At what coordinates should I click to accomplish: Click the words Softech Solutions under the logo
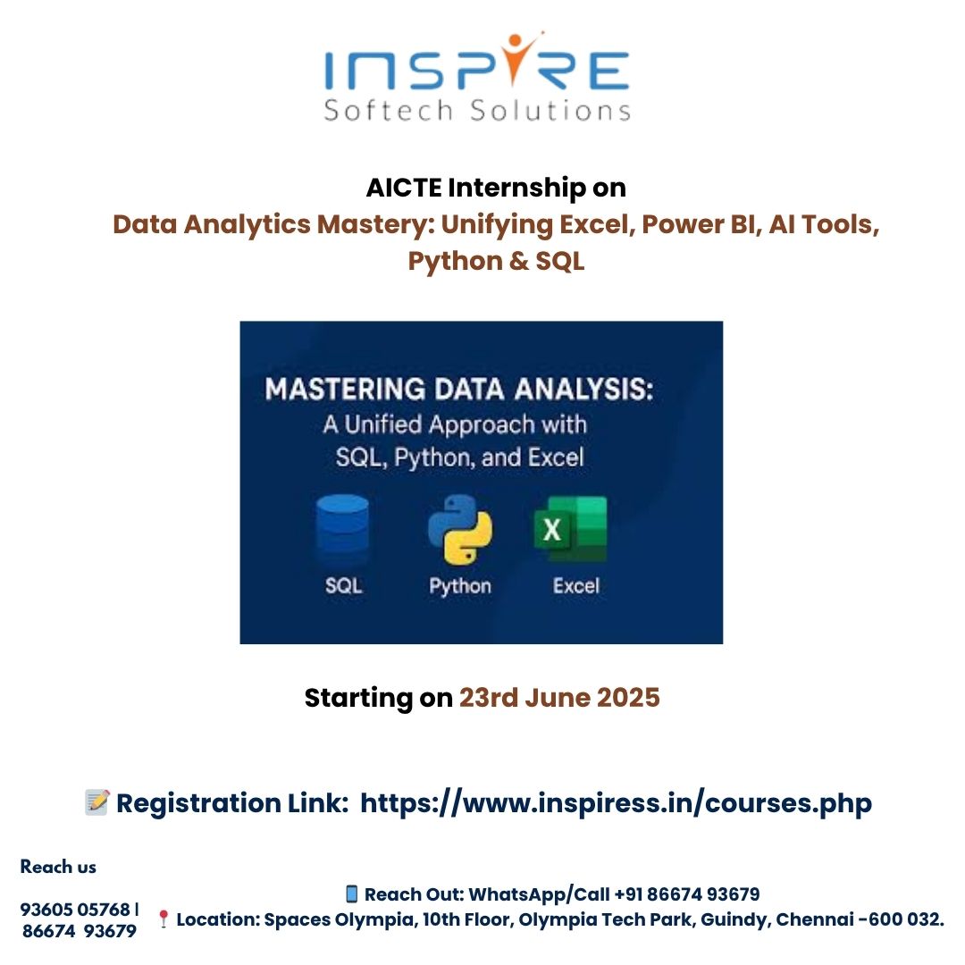(x=477, y=111)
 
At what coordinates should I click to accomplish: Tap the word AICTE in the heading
(x=404, y=188)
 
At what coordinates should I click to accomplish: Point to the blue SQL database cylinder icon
(x=342, y=529)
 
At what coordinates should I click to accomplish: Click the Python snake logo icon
(x=460, y=529)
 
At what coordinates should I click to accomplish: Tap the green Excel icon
(x=571, y=529)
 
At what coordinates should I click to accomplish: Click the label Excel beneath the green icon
(x=576, y=585)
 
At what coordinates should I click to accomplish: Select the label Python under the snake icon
(x=460, y=586)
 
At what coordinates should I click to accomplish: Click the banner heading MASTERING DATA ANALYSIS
(x=459, y=390)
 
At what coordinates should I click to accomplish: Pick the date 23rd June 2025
(x=559, y=698)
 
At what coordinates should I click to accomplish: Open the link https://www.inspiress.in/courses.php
(x=616, y=803)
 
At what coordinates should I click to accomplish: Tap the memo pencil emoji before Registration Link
(x=97, y=802)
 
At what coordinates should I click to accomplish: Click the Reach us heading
(x=58, y=867)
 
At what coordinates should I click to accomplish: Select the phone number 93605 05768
(x=75, y=909)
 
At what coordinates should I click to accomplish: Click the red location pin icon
(x=164, y=919)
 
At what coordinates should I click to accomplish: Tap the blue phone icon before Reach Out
(x=351, y=894)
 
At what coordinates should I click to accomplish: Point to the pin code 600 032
(x=906, y=919)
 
